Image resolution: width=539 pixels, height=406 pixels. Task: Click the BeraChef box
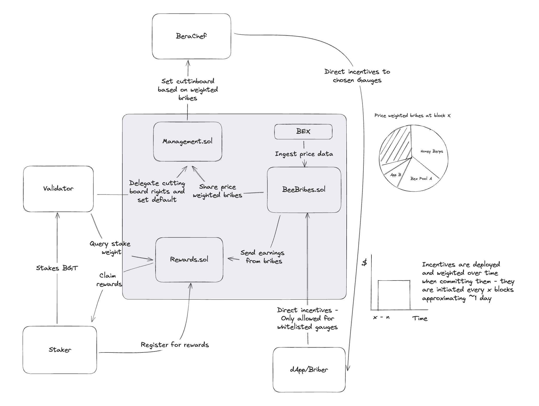tap(191, 36)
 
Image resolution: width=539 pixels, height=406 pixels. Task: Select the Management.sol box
tap(187, 141)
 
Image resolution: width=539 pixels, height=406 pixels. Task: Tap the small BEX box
tap(303, 132)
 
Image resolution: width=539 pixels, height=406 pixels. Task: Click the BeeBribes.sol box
tap(304, 190)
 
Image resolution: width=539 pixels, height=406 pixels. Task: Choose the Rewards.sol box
tap(189, 260)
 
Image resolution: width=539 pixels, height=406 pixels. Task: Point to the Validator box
tap(58, 189)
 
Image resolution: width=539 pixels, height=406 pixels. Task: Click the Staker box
tap(60, 350)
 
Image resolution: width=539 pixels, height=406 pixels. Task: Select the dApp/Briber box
tap(309, 370)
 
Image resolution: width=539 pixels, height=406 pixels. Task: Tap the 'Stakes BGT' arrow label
tap(57, 268)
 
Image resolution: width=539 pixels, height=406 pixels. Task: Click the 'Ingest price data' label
tap(304, 154)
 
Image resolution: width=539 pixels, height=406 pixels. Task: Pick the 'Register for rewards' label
tap(175, 345)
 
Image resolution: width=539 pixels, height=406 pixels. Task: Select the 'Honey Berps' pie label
tap(432, 151)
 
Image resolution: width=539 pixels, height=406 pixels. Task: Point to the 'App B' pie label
tap(395, 175)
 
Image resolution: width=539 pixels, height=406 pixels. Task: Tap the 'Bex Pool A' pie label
tap(421, 179)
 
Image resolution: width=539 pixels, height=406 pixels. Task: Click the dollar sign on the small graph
tap(364, 262)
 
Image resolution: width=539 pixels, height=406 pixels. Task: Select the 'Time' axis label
tap(420, 318)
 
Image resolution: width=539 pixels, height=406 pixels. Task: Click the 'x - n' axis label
tap(381, 318)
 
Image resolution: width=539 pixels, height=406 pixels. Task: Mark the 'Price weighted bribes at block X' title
tap(412, 116)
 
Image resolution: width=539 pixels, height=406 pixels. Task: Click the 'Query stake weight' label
tap(110, 248)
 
